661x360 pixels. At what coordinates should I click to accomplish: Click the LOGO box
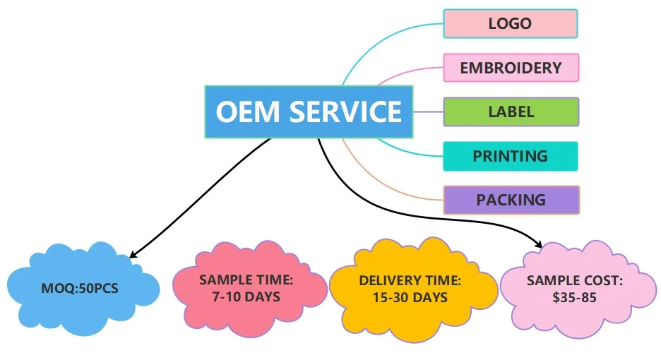[510, 23]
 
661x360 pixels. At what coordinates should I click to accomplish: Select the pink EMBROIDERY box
[511, 68]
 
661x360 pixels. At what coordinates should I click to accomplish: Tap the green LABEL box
[511, 112]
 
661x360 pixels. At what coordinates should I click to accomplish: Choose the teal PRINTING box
[510, 156]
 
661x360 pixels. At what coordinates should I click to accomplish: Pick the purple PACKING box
[511, 200]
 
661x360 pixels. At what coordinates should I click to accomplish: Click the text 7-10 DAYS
[246, 296]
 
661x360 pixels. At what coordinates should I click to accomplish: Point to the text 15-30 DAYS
[410, 297]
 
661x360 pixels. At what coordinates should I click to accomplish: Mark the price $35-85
[574, 297]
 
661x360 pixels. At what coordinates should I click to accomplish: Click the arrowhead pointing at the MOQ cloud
[133, 255]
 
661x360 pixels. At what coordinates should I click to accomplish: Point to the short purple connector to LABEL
[427, 112]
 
